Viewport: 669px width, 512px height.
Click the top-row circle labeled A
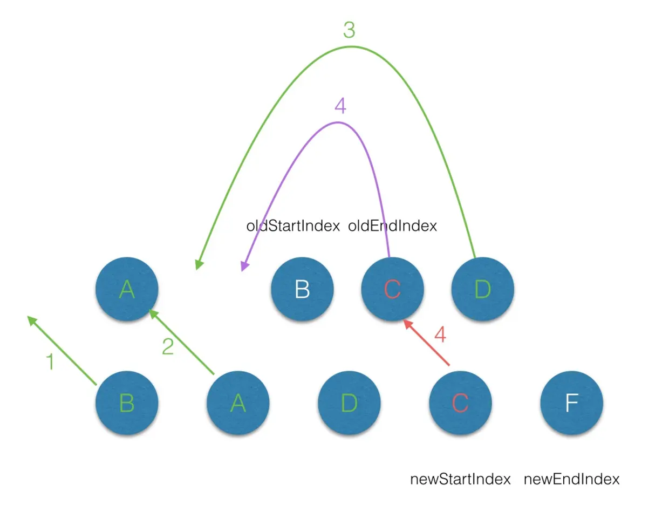click(x=127, y=289)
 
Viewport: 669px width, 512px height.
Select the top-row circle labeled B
click(x=302, y=289)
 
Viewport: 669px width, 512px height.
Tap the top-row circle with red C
click(x=392, y=289)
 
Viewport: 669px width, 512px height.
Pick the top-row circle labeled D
click(x=482, y=289)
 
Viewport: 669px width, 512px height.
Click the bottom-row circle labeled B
click(x=127, y=402)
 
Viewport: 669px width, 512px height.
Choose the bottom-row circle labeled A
click(x=238, y=402)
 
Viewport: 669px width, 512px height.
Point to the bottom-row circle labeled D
click(x=349, y=402)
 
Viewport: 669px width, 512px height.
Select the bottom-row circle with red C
click(x=460, y=402)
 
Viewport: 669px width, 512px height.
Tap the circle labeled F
click(x=571, y=402)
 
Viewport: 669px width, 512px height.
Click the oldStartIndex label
click(x=293, y=226)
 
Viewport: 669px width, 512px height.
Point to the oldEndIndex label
click(x=392, y=226)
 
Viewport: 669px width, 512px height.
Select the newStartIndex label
click(x=460, y=479)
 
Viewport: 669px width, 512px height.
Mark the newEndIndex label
click(x=571, y=479)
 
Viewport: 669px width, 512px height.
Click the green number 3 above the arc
click(x=349, y=31)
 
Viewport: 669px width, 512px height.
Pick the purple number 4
click(x=340, y=106)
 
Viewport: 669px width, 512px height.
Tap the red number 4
click(x=440, y=336)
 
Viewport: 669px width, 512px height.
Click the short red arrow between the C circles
click(x=426, y=343)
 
